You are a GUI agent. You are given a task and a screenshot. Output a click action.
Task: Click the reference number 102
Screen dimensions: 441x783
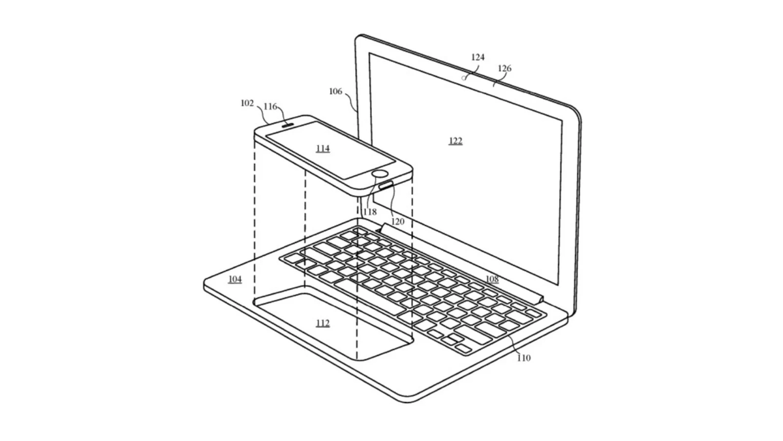[247, 103]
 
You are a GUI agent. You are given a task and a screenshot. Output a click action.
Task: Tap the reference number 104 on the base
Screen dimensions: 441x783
[235, 280]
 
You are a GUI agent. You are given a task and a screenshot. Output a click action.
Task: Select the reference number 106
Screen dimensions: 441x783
[335, 91]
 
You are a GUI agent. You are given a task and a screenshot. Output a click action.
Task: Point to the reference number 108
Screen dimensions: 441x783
[491, 279]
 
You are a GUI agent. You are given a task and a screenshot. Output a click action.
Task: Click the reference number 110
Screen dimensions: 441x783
[523, 357]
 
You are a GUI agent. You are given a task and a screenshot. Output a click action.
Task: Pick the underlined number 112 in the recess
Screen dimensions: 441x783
[322, 323]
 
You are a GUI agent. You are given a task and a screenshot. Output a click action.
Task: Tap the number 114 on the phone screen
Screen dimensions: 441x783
[322, 149]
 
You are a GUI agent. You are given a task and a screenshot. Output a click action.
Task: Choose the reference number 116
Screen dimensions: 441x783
[270, 106]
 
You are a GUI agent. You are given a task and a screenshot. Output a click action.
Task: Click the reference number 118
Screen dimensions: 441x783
[370, 212]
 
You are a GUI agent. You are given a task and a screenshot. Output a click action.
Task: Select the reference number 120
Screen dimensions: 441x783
[397, 221]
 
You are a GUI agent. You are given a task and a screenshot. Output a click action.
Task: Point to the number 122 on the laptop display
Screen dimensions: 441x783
[455, 141]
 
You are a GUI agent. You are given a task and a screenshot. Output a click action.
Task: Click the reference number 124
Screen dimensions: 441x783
[478, 57]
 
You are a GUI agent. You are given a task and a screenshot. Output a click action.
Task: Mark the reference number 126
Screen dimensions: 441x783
[504, 69]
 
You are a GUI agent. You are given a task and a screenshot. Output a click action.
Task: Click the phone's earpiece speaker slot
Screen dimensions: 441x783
[288, 122]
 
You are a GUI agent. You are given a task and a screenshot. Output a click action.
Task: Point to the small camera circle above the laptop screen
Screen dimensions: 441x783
[465, 78]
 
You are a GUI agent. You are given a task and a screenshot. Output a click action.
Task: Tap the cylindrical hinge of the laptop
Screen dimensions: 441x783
[463, 261]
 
